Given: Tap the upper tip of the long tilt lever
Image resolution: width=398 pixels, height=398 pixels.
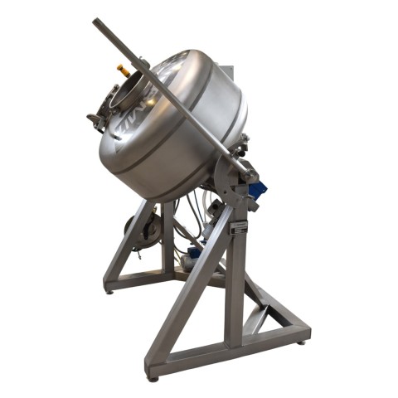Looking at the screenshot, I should click(x=96, y=22).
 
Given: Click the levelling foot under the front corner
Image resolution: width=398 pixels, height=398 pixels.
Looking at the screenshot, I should click(x=153, y=377).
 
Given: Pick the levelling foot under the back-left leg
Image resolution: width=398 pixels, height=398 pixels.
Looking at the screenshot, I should click(x=109, y=290).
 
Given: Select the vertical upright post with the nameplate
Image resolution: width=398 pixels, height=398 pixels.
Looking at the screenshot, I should click(x=238, y=274).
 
